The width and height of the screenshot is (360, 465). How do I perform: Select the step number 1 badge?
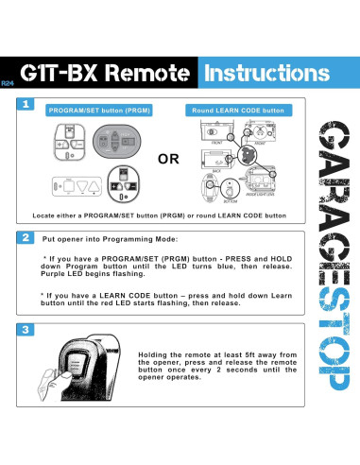(x=26, y=107)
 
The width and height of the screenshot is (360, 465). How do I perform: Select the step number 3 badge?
(x=26, y=331)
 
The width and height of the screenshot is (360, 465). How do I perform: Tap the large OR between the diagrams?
(x=167, y=161)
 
